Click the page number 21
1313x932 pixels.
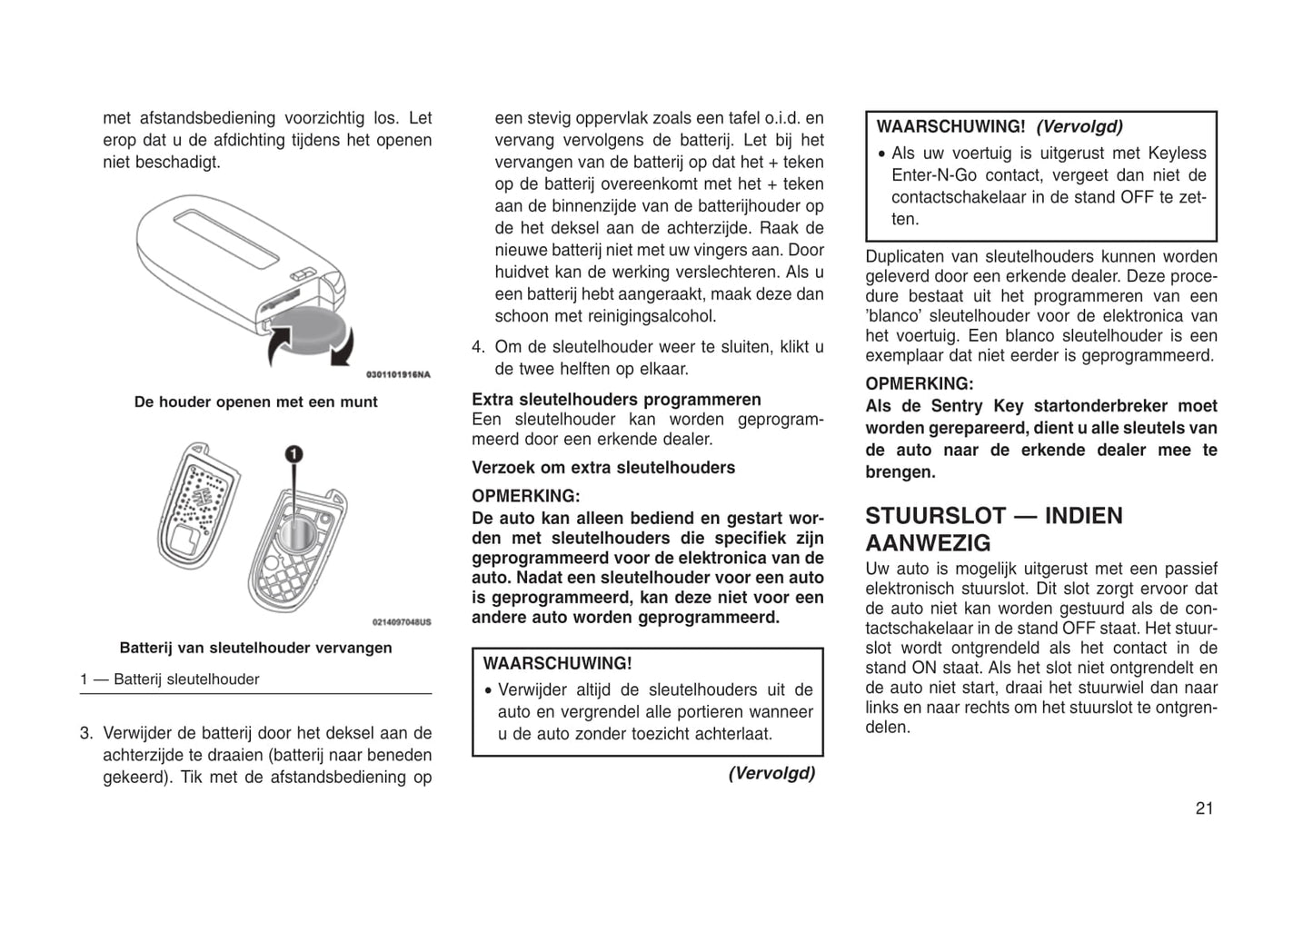(1204, 808)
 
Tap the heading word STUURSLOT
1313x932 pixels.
(934, 516)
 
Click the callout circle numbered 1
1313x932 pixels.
(293, 454)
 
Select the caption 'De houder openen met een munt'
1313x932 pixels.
(255, 402)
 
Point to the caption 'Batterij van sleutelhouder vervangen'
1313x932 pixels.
(255, 648)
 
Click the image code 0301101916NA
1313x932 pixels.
(398, 374)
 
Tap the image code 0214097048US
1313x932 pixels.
(401, 622)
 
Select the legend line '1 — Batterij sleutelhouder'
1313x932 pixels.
(170, 679)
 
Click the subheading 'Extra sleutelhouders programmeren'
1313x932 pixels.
(616, 400)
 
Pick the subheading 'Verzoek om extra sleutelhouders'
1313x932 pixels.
(603, 468)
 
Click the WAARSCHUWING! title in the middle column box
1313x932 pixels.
(557, 664)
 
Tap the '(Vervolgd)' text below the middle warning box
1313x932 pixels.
(771, 773)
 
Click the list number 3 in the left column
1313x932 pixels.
(86, 733)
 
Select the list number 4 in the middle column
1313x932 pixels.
(478, 347)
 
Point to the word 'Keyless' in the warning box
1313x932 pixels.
(1177, 154)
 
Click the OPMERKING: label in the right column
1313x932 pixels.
(919, 384)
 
